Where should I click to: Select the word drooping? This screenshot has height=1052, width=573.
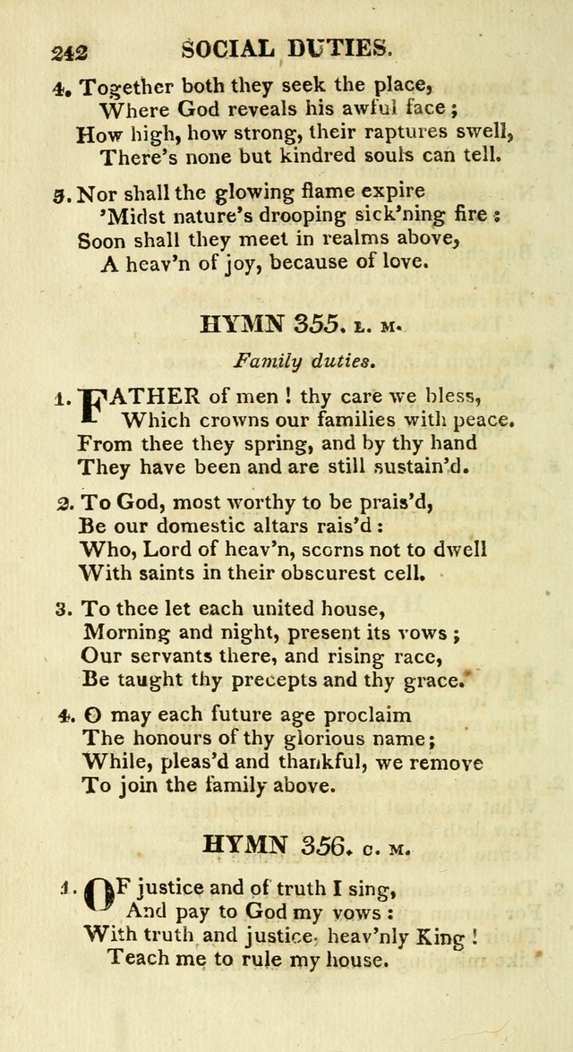pyautogui.click(x=305, y=216)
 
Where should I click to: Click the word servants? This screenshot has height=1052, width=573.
pyautogui.click(x=172, y=656)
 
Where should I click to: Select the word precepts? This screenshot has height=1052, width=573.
pyautogui.click(x=265, y=680)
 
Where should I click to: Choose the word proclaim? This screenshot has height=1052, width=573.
pyautogui.click(x=359, y=715)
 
